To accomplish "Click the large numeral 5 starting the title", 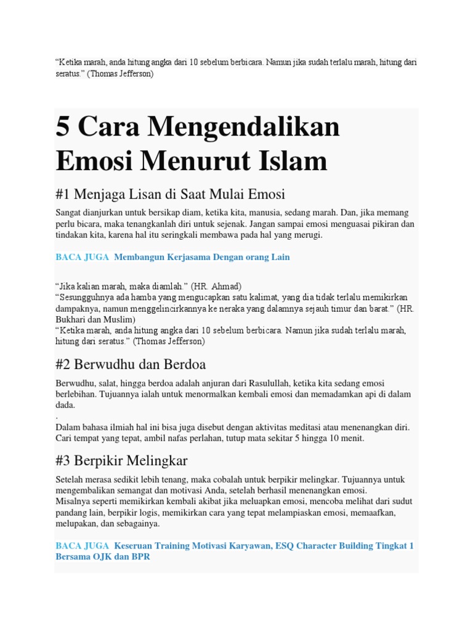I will [x=62, y=127].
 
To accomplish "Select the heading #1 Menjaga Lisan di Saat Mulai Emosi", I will [x=170, y=194].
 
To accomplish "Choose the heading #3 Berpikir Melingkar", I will [x=121, y=460].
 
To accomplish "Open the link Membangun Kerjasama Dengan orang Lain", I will [x=202, y=257].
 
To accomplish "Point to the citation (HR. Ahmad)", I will [x=216, y=286].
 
